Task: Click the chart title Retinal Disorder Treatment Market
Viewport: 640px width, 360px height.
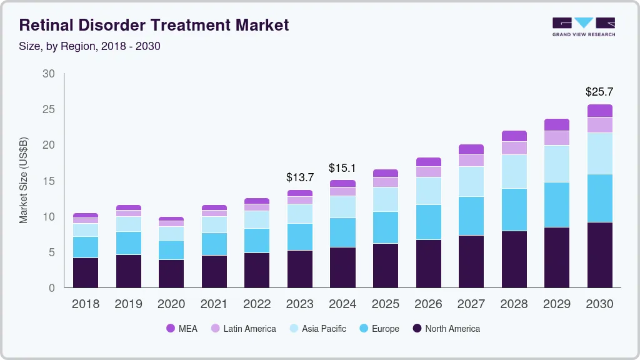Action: [154, 25]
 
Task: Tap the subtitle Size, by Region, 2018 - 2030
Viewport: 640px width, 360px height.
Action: [90, 46]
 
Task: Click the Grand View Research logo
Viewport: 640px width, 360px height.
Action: [583, 26]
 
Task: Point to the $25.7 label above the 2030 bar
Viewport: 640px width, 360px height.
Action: [599, 92]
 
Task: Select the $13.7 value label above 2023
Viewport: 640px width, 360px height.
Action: [299, 177]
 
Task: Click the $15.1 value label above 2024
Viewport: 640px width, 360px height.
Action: [342, 167]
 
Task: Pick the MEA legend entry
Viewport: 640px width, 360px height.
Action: [181, 328]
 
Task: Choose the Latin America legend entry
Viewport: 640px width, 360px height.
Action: [242, 328]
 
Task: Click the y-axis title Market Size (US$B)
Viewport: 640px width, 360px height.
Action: [24, 180]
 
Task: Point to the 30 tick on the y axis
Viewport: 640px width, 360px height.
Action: [49, 74]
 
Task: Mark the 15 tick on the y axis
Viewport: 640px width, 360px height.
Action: [49, 181]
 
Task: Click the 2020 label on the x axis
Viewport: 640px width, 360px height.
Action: [171, 304]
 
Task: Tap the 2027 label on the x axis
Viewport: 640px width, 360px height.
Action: [471, 304]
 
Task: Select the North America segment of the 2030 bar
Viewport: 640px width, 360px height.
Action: [599, 254]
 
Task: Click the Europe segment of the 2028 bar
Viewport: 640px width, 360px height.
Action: [514, 209]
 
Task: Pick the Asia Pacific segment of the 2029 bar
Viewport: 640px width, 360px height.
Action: [556, 164]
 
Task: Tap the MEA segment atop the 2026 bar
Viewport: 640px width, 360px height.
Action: [428, 162]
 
